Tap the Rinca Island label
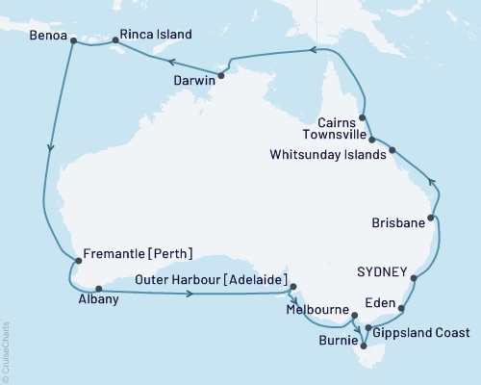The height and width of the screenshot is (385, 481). pyautogui.click(x=155, y=35)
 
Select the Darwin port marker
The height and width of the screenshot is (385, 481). pyautogui.click(x=221, y=74)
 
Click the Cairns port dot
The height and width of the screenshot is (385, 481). pyautogui.click(x=362, y=118)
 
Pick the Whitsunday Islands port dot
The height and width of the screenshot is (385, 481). pyautogui.click(x=392, y=151)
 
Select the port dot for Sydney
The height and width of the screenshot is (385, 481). pyautogui.click(x=415, y=279)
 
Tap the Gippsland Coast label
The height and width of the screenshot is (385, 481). pyautogui.click(x=424, y=333)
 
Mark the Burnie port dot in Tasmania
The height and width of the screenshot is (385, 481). pyautogui.click(x=363, y=344)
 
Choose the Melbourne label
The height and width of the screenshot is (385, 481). pyautogui.click(x=318, y=311)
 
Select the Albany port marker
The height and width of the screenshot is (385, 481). pyautogui.click(x=98, y=287)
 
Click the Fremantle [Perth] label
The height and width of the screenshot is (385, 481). pyautogui.click(x=139, y=254)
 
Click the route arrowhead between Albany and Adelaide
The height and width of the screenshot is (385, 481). pyautogui.click(x=190, y=293)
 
